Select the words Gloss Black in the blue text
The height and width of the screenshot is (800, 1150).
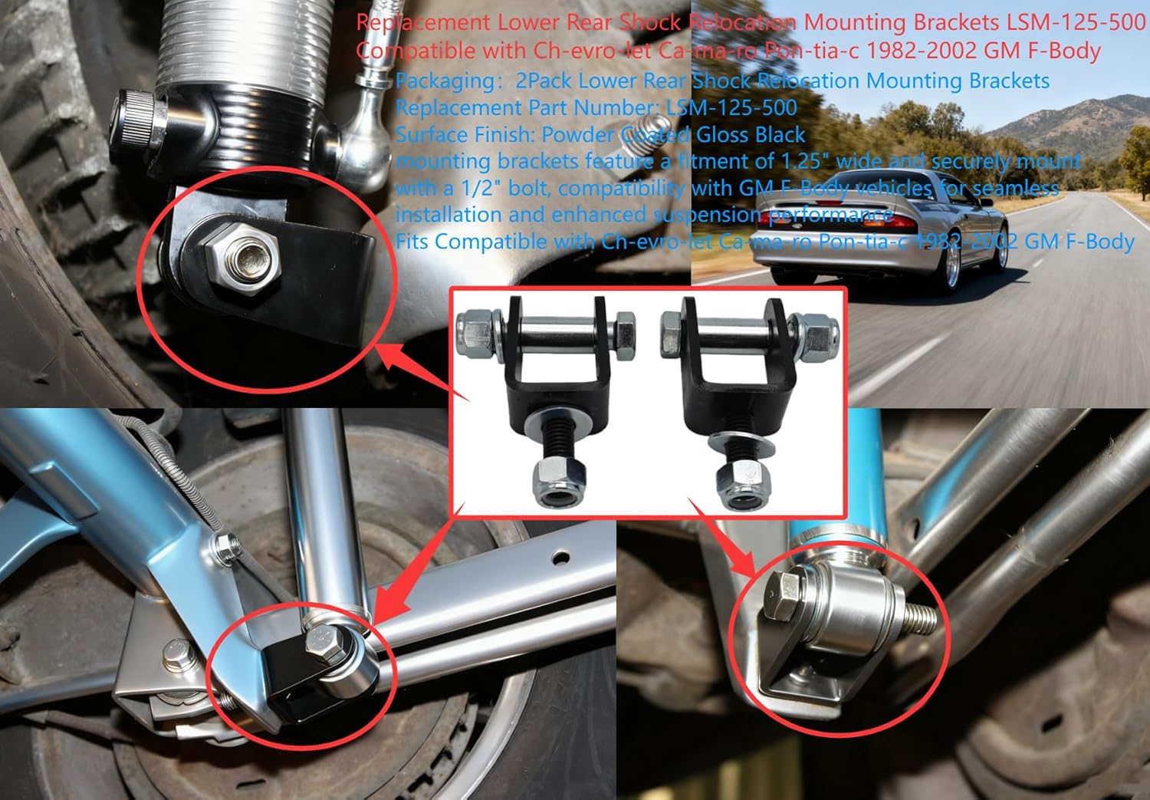pyautogui.click(x=751, y=135)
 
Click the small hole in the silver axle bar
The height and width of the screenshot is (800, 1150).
pyautogui.click(x=564, y=555)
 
